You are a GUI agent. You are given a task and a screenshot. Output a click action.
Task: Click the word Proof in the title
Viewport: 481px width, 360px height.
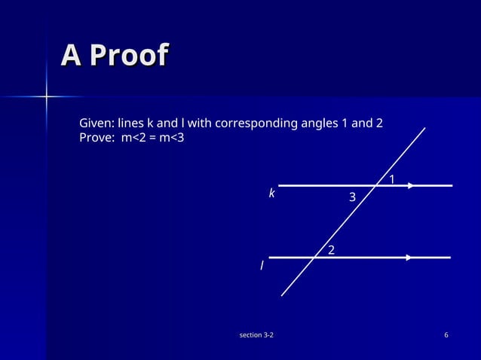[127, 55]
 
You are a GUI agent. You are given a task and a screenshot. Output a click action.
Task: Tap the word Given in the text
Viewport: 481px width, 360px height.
[96, 123]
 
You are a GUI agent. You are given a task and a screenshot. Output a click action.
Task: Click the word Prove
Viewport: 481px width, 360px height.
[96, 138]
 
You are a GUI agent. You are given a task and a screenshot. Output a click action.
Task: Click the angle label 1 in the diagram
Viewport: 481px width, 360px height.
[392, 178]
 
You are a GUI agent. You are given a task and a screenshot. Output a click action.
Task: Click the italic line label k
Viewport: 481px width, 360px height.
[272, 194]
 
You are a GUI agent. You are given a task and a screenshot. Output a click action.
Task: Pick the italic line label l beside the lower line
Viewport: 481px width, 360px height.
[262, 266]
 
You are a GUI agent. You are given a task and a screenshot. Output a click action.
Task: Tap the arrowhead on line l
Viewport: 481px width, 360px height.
[409, 258]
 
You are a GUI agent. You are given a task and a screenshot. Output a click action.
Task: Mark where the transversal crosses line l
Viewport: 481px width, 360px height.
[314, 258]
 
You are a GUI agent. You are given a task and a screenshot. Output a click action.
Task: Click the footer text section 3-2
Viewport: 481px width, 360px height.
[256, 334]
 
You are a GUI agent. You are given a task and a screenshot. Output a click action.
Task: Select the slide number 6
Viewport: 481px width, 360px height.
[447, 334]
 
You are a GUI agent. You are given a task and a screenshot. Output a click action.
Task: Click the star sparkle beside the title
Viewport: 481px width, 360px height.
[46, 96]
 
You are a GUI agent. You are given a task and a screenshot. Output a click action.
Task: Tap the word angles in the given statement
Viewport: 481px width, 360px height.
[317, 123]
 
